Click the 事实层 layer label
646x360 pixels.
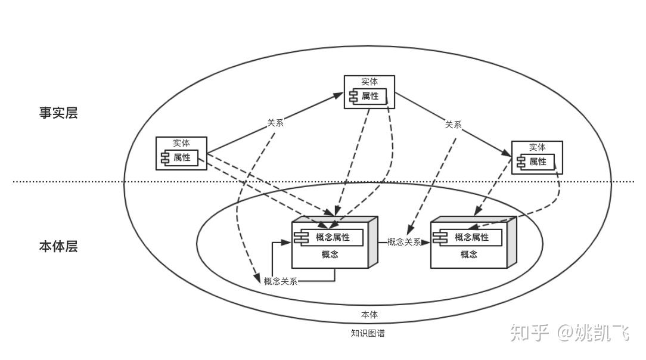pos(58,113)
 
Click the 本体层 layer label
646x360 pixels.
pos(58,246)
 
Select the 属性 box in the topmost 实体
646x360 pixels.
pos(368,97)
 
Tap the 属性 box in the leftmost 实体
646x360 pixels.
pos(179,158)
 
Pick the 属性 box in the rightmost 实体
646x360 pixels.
pos(536,162)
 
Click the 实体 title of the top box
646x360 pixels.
pos(369,82)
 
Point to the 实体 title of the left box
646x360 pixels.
pos(181,143)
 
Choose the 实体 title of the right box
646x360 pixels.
pos(537,147)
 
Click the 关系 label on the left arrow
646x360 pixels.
pos(275,123)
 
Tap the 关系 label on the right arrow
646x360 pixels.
pos(453,125)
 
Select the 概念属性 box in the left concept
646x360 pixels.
pos(329,237)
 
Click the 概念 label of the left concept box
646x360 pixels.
pos(330,255)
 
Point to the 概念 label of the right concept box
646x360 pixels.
pos(469,255)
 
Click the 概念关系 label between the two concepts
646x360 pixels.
pos(404,242)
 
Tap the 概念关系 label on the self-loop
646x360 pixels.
pos(281,281)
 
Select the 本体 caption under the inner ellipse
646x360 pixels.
pos(369,315)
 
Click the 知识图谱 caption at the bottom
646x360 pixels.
pos(368,333)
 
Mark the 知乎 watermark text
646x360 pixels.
pos(530,333)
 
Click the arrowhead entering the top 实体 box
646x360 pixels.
pos(338,95)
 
